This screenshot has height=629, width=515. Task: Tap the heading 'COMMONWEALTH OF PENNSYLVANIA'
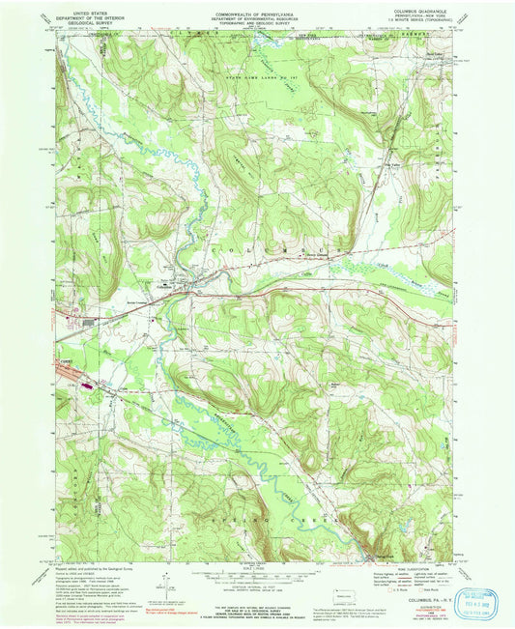point(259,8)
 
